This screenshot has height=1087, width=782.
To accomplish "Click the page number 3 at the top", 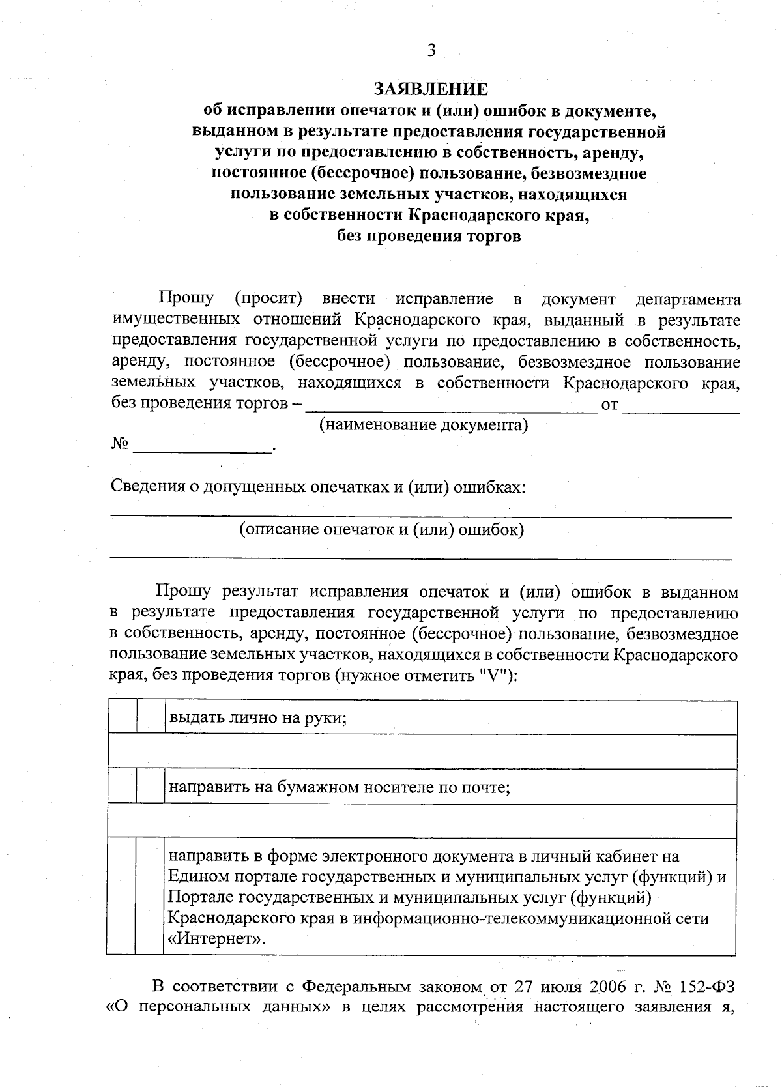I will [x=431, y=51].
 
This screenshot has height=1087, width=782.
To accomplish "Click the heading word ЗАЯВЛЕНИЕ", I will [x=430, y=89].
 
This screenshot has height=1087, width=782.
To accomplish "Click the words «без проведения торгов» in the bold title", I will [x=429, y=236].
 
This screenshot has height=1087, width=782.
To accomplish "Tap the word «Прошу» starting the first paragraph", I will [x=186, y=298].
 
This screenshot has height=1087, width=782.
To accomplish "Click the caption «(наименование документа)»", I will [x=423, y=426].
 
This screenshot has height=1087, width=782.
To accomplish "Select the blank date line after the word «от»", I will [x=681, y=407].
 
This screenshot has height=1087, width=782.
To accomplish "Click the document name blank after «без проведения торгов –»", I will [x=451, y=407].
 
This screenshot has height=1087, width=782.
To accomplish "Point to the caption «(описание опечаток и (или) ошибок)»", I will [x=381, y=529].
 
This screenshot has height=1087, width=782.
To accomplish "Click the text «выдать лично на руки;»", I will [x=257, y=718].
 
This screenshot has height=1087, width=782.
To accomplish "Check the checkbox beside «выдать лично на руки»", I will [x=150, y=718].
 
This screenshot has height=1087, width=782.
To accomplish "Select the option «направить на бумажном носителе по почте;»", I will [x=339, y=787].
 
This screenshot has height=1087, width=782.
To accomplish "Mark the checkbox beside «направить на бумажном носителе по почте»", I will [x=150, y=787].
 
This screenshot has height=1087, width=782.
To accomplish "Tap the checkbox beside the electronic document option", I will [x=149, y=897].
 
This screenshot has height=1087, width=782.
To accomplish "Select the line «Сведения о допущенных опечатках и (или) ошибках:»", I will [x=317, y=487].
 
